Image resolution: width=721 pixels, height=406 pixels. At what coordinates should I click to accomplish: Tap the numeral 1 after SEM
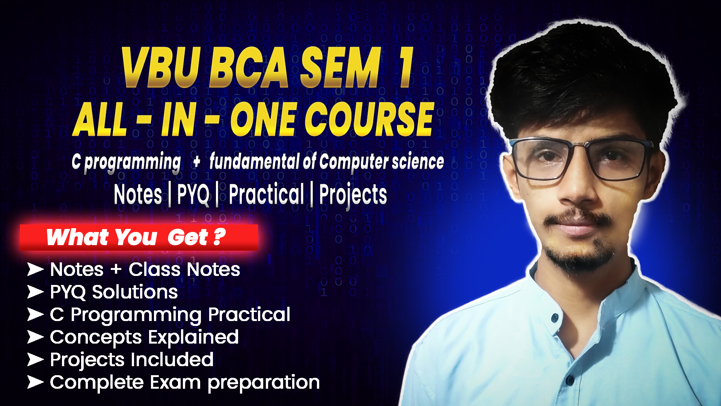point(406,68)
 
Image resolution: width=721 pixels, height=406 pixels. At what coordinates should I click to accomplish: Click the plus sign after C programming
point(196,162)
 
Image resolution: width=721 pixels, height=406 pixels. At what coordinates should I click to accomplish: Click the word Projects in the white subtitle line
point(353,194)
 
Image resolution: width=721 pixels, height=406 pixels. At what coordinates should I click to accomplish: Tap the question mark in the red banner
point(219,236)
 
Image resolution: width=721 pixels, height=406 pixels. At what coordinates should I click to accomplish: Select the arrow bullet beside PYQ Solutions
point(35,292)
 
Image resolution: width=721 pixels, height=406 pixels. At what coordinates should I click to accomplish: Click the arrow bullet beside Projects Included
point(35,359)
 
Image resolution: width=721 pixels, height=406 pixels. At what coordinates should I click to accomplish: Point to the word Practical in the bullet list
point(249,314)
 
